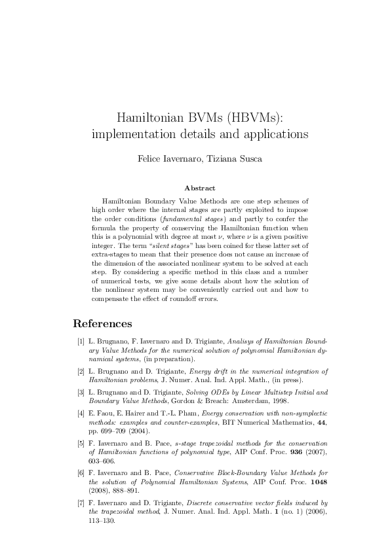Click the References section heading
coord(102,323)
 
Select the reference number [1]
coord(81,342)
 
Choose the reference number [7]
coord(81,503)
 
